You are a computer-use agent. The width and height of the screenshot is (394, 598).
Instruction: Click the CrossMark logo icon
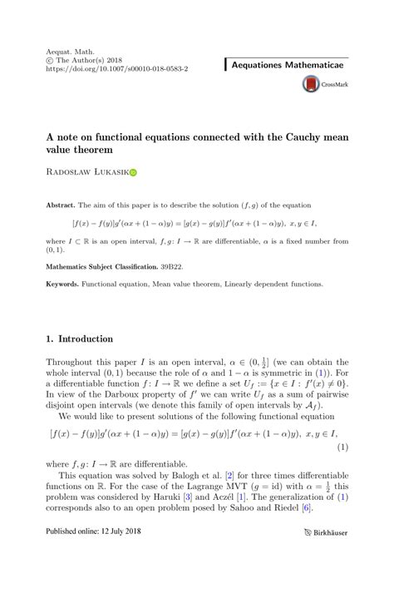tap(312, 83)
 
